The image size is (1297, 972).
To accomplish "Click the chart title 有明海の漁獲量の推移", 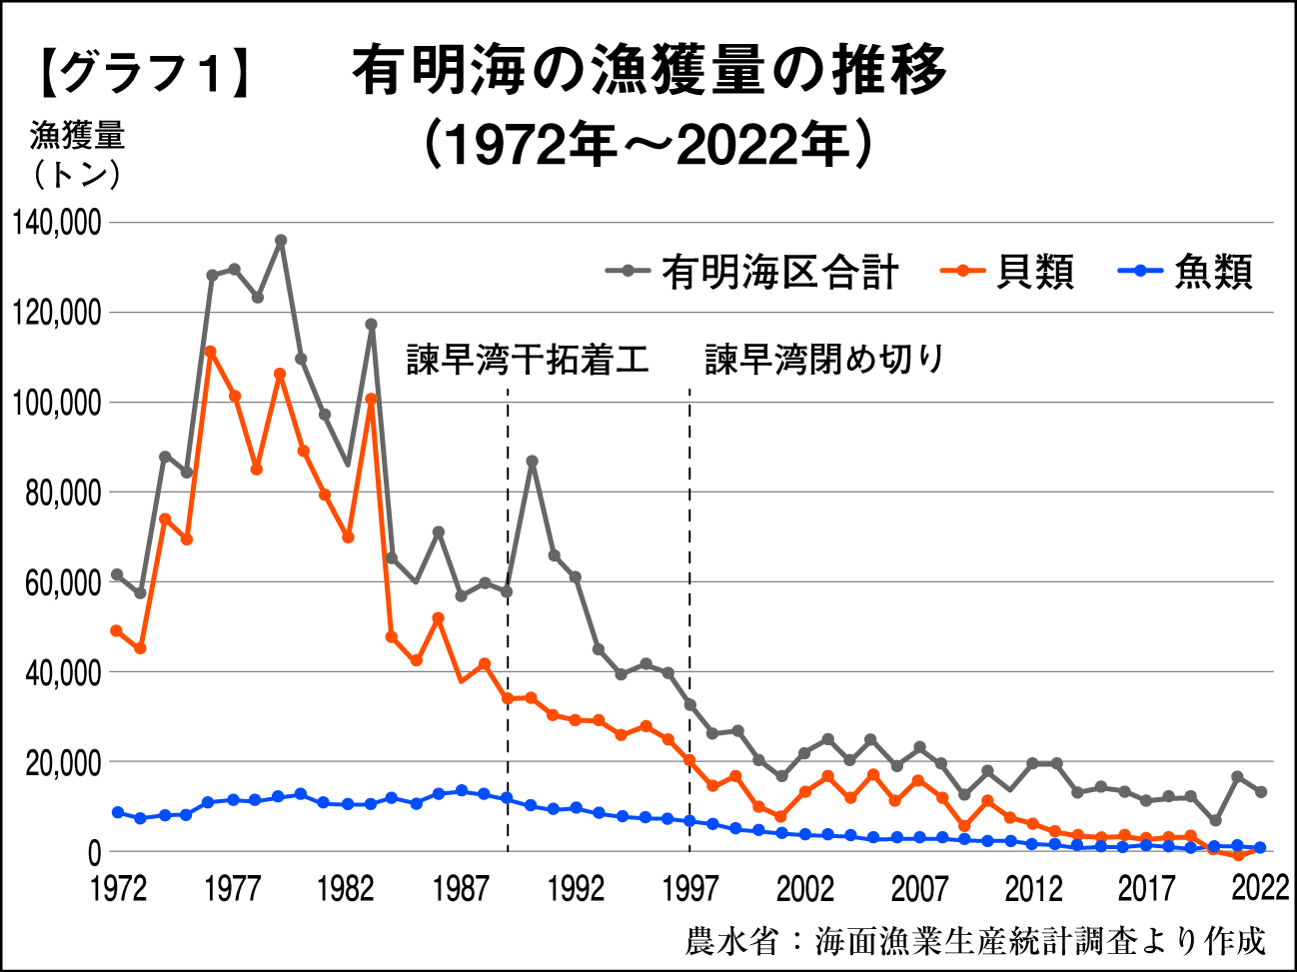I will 648,71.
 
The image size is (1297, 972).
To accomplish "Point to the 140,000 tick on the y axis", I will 58,223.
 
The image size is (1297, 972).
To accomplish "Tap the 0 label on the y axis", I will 94,853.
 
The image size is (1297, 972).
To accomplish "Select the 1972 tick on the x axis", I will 118,888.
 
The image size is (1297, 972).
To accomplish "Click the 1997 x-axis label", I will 689,888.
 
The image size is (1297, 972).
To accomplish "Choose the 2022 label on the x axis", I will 1260,888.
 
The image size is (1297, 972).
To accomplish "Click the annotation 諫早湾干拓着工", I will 528,360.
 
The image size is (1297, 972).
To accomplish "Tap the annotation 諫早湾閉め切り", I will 824,360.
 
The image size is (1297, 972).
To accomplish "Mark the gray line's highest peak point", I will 281,240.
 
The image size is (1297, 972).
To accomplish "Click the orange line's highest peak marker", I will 211,352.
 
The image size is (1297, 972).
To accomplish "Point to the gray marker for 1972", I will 117,574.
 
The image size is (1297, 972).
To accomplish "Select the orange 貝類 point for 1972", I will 117,630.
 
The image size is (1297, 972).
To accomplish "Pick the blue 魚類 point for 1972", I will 117,812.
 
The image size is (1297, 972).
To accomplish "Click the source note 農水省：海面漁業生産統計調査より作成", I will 975,940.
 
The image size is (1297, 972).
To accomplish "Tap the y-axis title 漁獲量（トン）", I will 76,154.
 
